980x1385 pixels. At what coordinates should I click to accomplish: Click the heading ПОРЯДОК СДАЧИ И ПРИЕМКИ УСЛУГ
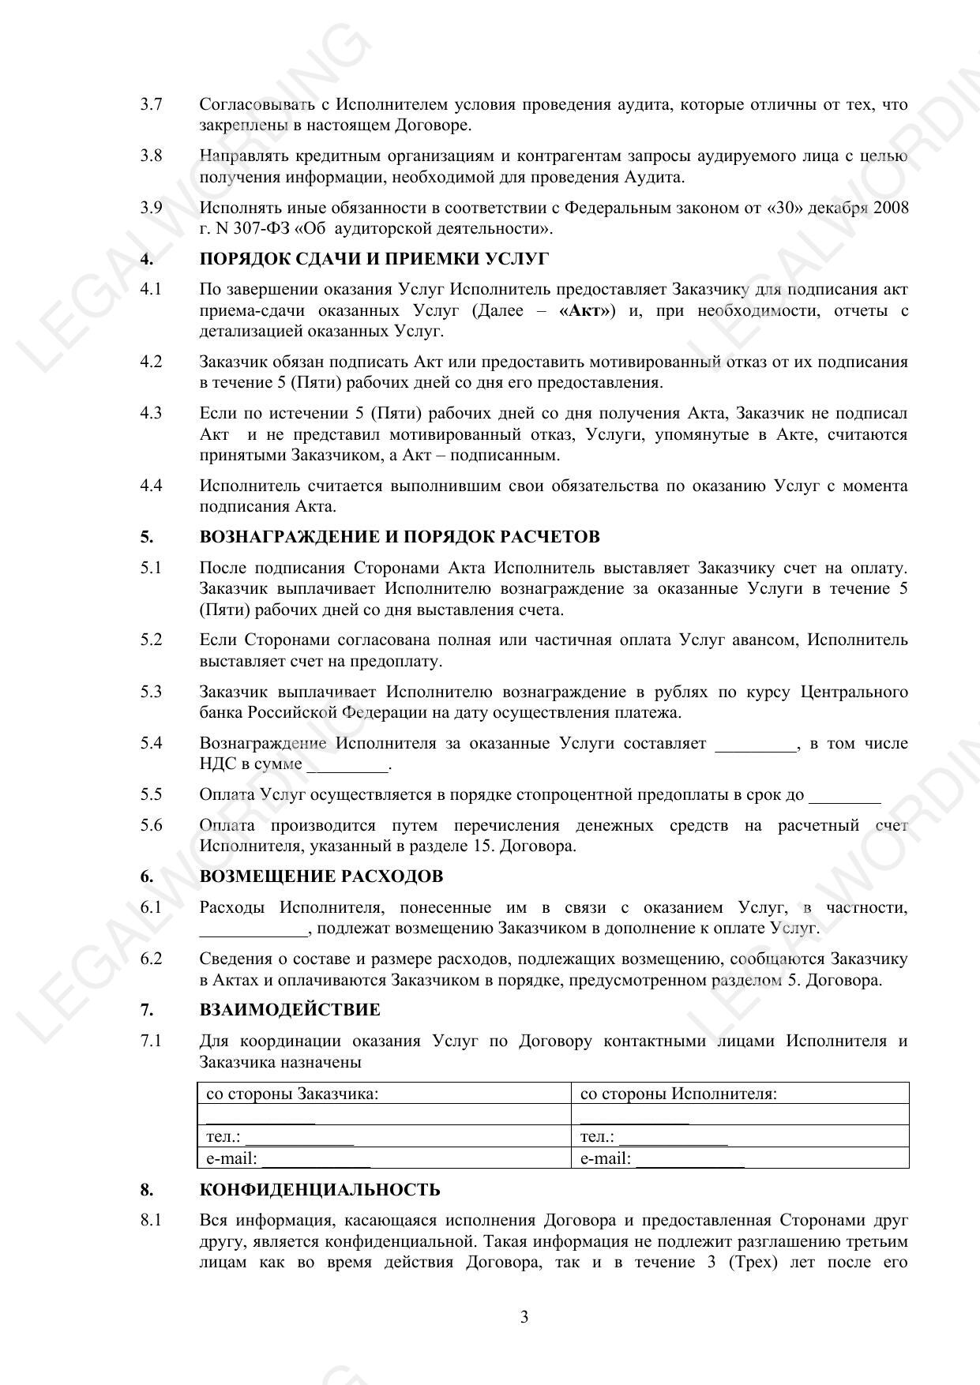[x=374, y=259]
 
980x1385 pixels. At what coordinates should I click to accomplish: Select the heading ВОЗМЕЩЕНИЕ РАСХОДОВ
[x=321, y=876]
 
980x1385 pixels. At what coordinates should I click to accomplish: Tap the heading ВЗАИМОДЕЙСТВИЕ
[x=289, y=1010]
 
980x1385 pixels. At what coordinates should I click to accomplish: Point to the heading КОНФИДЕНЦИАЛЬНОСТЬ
[x=320, y=1190]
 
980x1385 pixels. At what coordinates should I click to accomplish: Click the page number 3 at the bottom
[x=524, y=1317]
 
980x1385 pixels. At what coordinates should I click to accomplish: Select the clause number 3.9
[x=152, y=208]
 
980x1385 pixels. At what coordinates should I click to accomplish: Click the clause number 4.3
[x=152, y=413]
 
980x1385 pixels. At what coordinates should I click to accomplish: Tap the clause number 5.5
[x=152, y=794]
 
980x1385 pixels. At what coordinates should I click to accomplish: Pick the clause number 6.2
[x=152, y=959]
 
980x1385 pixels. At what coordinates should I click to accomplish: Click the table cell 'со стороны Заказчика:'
[x=292, y=1094]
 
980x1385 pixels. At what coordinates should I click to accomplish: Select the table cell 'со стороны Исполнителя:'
[x=678, y=1094]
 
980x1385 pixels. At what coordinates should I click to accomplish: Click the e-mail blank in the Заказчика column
[x=316, y=1161]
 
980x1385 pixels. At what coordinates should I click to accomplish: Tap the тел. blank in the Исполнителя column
[x=674, y=1139]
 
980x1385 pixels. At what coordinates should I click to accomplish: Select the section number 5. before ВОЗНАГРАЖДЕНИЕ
[x=147, y=537]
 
